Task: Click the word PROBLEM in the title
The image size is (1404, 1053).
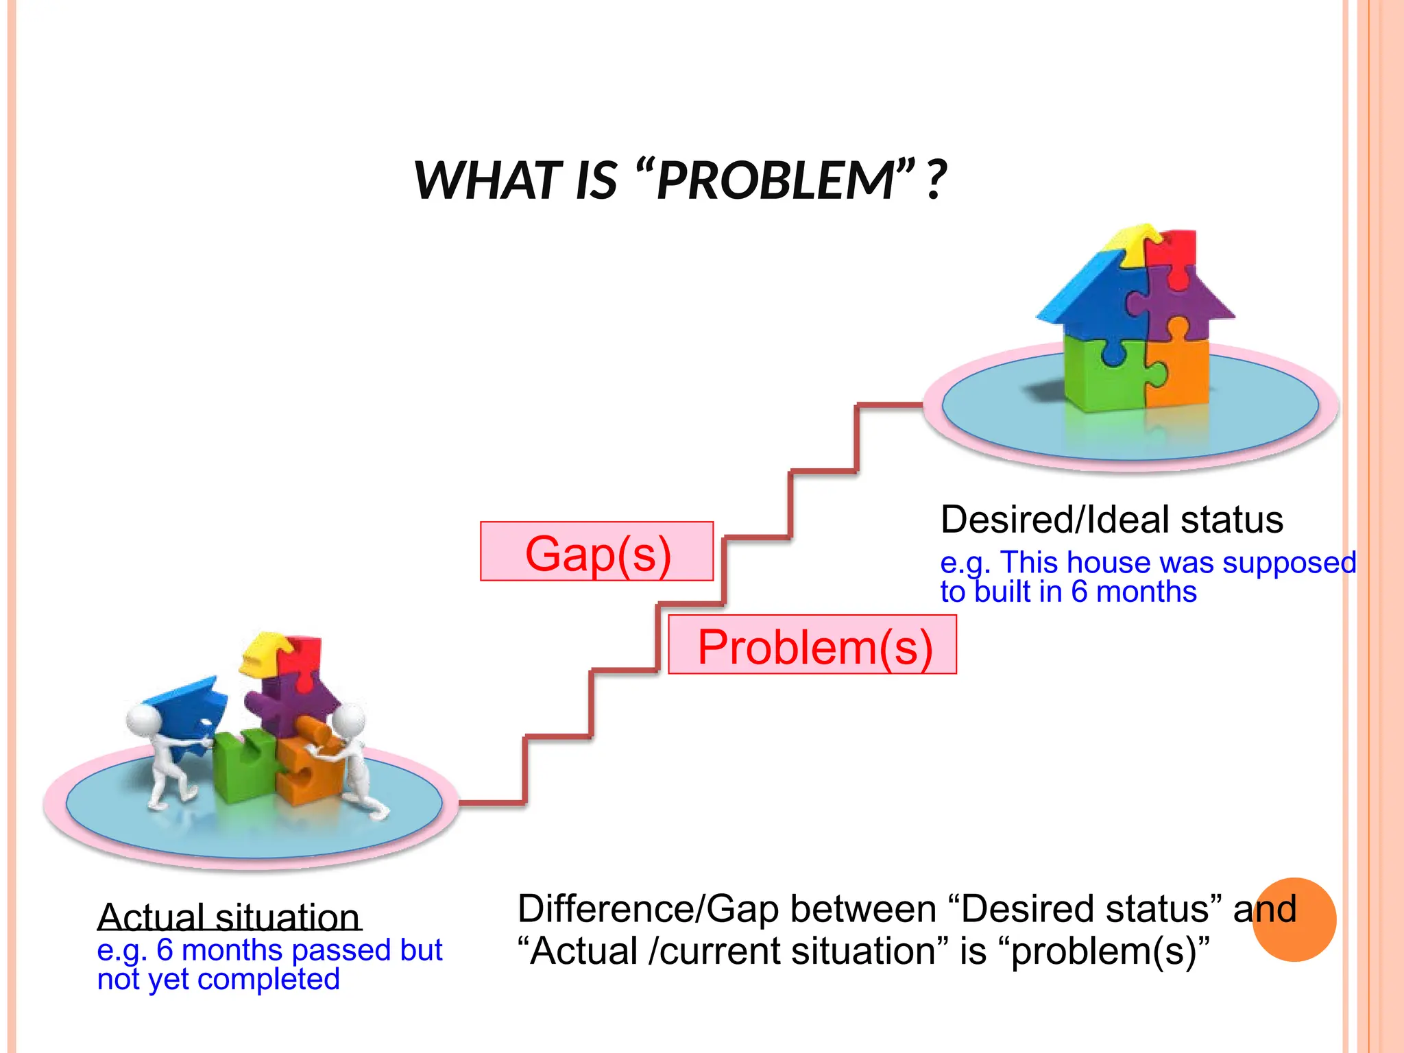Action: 775,180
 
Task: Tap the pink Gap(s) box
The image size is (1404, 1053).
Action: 596,552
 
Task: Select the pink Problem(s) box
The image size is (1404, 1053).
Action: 813,645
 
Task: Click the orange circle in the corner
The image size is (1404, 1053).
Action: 1294,919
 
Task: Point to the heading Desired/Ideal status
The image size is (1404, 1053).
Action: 1111,520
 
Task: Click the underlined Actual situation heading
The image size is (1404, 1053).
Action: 229,917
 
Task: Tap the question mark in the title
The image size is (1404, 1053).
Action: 936,180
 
